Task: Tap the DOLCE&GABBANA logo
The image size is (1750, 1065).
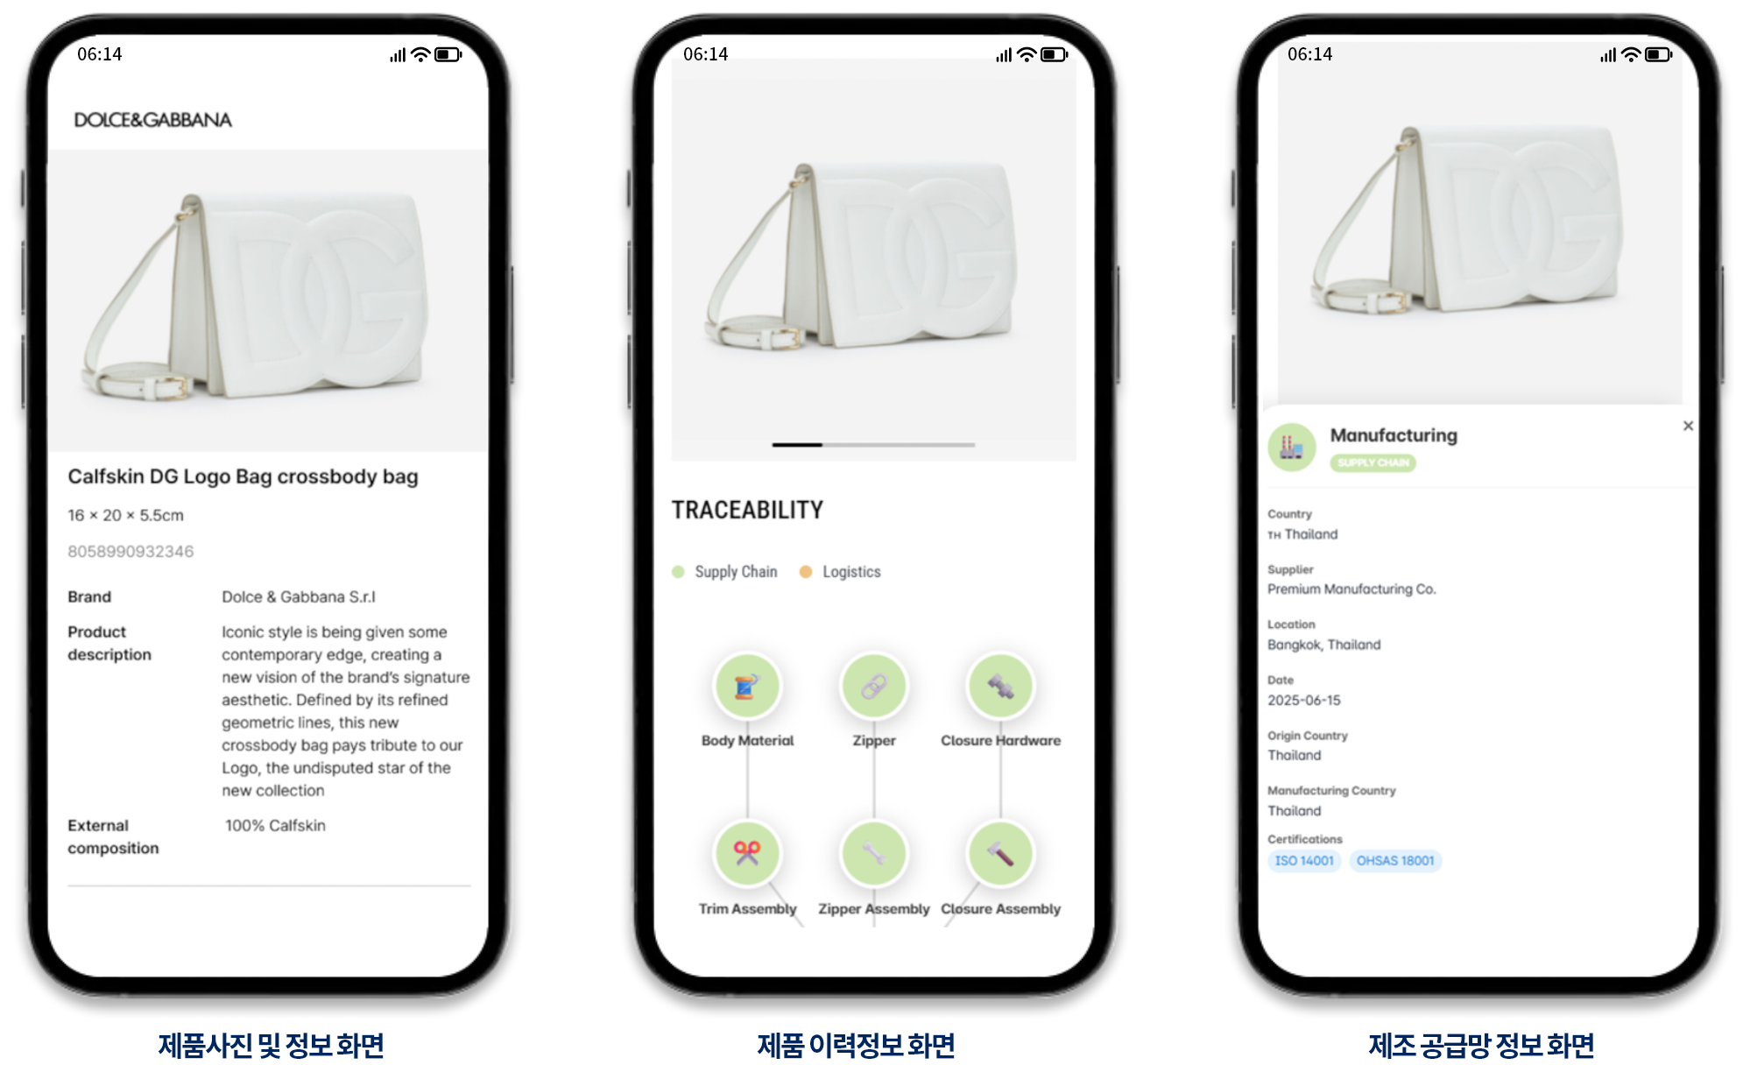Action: click(152, 120)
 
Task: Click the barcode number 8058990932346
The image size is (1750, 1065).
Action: click(131, 551)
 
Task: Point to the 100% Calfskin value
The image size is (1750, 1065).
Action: click(275, 825)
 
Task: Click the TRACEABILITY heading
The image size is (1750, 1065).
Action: click(747, 510)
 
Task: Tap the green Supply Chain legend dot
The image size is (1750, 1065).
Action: click(678, 572)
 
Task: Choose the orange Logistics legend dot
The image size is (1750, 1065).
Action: click(806, 572)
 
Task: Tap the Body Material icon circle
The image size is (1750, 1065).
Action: click(747, 686)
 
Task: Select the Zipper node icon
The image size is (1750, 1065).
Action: click(873, 686)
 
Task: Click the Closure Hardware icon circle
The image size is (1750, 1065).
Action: click(1000, 686)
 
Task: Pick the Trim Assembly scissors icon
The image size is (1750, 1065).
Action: click(747, 853)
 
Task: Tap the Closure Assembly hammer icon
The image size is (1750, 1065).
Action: click(1000, 853)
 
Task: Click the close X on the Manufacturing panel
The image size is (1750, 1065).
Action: click(1688, 426)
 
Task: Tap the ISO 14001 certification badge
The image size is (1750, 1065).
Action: click(1304, 861)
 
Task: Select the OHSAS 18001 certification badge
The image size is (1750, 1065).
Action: click(1395, 861)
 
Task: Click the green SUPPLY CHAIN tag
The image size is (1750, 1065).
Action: click(1372, 462)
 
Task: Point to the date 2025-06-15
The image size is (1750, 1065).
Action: click(1303, 700)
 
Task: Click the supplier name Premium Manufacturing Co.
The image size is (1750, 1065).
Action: click(1351, 589)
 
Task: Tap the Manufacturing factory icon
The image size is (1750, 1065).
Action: click(1292, 448)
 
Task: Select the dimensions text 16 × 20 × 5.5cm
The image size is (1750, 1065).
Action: click(125, 515)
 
